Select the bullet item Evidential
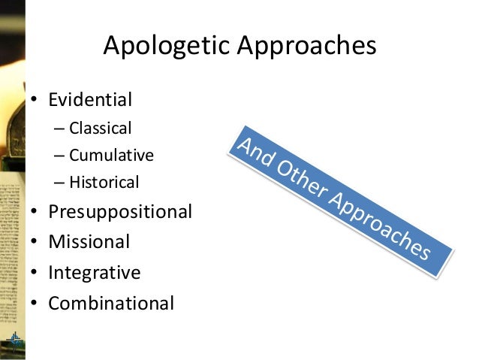click(x=90, y=99)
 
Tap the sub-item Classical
click(x=100, y=127)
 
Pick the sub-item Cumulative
click(x=111, y=155)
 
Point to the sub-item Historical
click(x=104, y=182)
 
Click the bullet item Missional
click(x=89, y=242)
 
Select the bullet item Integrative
click(x=94, y=272)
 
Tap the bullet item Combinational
click(x=111, y=303)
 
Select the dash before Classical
click(x=59, y=128)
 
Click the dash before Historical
click(x=59, y=183)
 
